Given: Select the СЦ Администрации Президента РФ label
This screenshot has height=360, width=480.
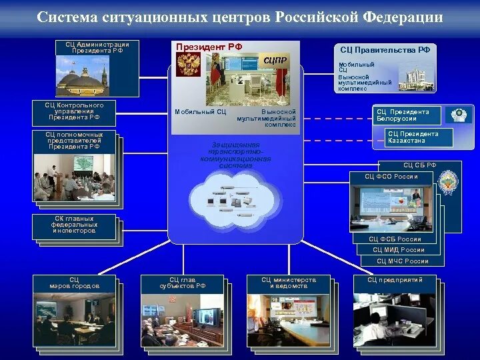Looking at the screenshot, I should [97, 47].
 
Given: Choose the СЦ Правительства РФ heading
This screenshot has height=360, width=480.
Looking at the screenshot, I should [385, 50].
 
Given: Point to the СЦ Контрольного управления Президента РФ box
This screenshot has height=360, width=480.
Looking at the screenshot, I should [74, 111].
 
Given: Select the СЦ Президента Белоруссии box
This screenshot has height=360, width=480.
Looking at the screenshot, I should [407, 115].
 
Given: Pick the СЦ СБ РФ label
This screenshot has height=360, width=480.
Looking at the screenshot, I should [419, 165].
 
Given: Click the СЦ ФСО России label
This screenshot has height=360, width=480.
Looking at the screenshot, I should [391, 177].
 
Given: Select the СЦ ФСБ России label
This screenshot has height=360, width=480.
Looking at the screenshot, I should [395, 239].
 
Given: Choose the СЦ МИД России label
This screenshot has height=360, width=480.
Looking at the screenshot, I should [399, 250].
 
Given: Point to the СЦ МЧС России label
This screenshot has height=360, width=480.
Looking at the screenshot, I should [403, 261].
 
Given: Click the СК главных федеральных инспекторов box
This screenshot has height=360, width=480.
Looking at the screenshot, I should [74, 225].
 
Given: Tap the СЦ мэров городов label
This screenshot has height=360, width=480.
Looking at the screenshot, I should [74, 283].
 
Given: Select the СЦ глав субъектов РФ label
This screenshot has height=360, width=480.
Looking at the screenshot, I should [182, 283].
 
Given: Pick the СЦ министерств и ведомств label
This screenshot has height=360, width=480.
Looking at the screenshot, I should [288, 283].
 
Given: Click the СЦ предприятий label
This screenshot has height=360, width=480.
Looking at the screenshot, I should [395, 280].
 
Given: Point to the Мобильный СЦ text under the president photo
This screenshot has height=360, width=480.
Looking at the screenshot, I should [195, 112].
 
